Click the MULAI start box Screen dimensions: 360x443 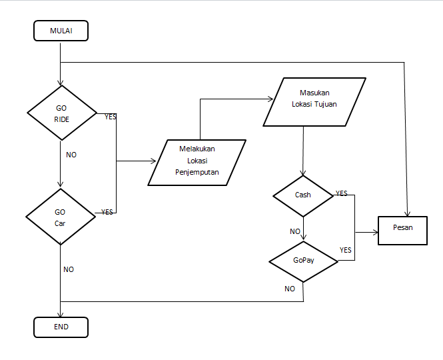pos(61,31)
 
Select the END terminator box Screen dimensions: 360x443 pos(61,327)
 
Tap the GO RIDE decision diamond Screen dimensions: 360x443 pos(61,113)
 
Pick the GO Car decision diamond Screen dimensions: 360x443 pos(61,217)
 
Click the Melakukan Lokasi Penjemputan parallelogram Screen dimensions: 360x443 pos(197,162)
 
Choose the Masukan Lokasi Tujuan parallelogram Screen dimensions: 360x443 pos(314,101)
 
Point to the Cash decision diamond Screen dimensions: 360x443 pos(303,195)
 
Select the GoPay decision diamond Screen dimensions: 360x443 pos(304,260)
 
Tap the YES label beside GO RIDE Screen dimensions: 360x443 pos(111,117)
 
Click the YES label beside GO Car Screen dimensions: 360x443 pos(107,212)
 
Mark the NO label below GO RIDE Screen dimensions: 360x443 pos(71,155)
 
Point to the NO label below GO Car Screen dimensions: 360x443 pos(69,269)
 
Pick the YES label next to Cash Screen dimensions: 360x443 pos(341,193)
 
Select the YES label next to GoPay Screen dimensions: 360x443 pos(345,250)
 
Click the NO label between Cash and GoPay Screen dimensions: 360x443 pos(294,231)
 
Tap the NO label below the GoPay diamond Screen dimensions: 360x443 pos(290,289)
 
